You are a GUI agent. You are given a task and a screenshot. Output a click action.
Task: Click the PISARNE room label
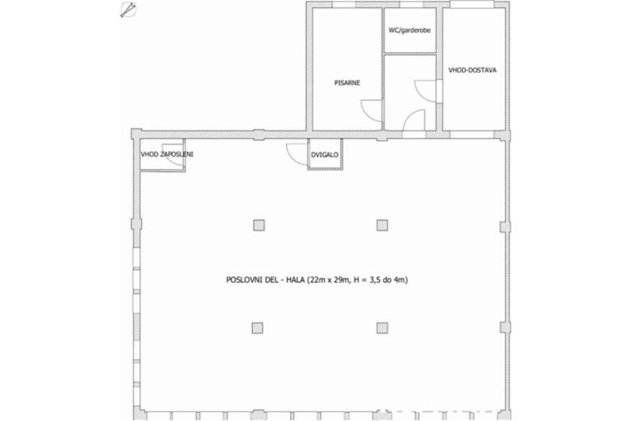click(347, 83)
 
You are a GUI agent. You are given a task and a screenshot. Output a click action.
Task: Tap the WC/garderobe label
click(409, 30)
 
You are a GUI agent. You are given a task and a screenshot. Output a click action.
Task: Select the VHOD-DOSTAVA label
click(473, 70)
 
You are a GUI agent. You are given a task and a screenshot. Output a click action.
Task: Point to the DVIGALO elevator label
click(324, 155)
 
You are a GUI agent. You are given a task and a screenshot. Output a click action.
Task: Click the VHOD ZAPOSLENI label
click(167, 155)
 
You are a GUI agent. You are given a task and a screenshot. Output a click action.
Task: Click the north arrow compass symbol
click(128, 10)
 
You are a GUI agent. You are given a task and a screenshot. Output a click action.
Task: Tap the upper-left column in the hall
click(259, 225)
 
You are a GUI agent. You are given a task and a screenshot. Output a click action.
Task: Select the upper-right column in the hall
click(382, 225)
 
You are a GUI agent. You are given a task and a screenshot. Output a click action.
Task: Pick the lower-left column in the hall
click(258, 328)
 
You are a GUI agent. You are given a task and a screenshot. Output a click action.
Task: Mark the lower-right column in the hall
click(382, 328)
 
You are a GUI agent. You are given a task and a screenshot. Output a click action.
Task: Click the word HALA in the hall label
click(295, 280)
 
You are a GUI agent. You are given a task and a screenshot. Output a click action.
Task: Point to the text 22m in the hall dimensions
click(315, 280)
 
